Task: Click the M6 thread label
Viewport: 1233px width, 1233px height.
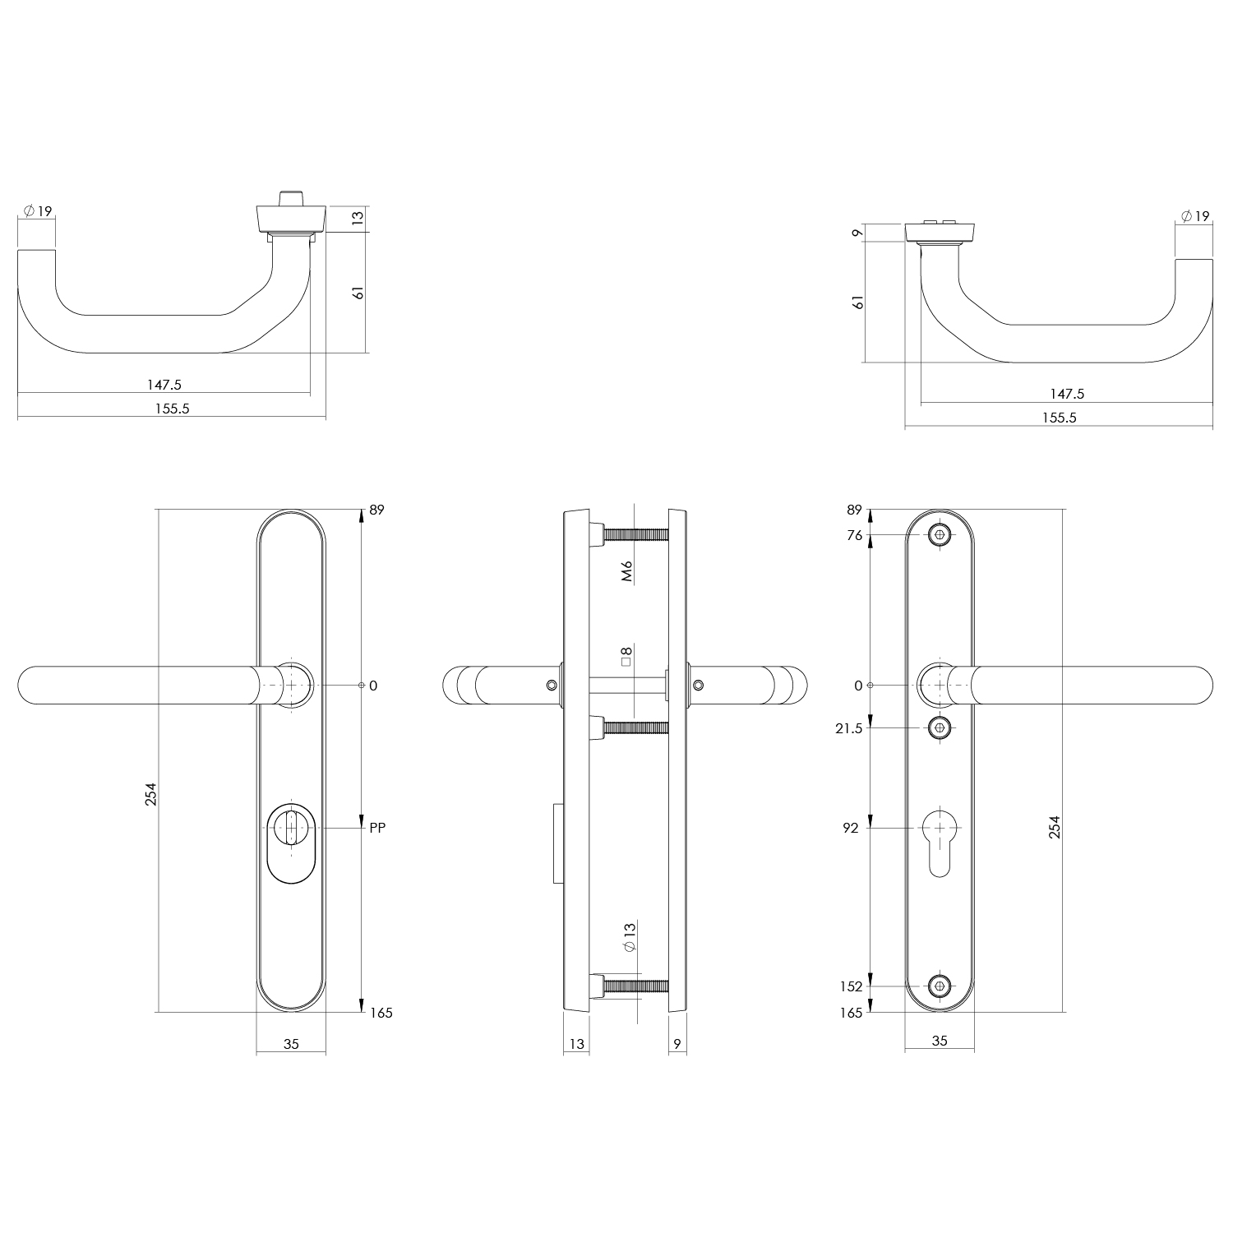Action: click(x=626, y=570)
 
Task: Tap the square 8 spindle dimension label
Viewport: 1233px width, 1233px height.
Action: click(x=626, y=656)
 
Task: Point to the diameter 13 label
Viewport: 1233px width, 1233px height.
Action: click(x=630, y=937)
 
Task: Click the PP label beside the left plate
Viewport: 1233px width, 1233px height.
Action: click(x=377, y=828)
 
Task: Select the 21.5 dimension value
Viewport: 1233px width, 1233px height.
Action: click(x=848, y=728)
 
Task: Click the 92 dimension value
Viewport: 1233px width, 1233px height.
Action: click(x=850, y=828)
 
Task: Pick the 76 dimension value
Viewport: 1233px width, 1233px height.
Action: click(x=854, y=536)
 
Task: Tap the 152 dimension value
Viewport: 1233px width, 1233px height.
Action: click(x=851, y=986)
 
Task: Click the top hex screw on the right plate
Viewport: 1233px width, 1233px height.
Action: click(x=940, y=536)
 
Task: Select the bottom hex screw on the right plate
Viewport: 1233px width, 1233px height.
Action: click(x=940, y=986)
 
